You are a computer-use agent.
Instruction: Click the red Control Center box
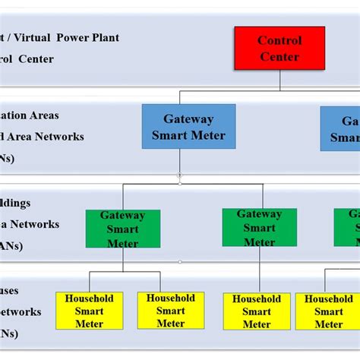(x=279, y=48)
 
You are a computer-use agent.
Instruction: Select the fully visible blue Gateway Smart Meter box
(x=188, y=127)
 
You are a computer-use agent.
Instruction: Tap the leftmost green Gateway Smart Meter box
(x=123, y=229)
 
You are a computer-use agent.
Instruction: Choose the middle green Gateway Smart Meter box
(x=259, y=227)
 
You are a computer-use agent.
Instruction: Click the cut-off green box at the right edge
(x=347, y=227)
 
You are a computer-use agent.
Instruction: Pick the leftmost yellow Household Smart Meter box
(x=90, y=311)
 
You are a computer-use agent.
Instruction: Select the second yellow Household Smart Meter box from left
(x=171, y=310)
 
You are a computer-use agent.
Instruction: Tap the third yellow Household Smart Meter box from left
(x=257, y=311)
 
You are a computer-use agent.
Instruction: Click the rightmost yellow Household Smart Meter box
(x=328, y=311)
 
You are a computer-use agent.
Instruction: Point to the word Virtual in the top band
(x=33, y=37)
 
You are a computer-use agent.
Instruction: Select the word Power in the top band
(x=69, y=37)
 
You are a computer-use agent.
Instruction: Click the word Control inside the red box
(x=279, y=40)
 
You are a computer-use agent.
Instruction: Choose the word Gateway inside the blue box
(x=188, y=118)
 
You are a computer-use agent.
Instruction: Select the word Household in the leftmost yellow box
(x=90, y=298)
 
